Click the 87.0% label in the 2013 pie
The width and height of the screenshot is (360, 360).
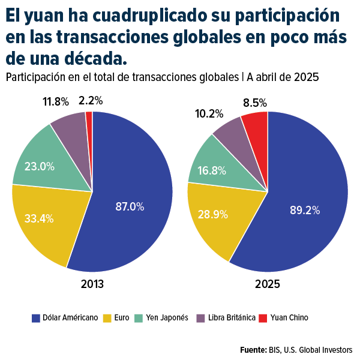pos(130,207)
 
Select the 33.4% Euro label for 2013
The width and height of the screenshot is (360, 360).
pos(39,218)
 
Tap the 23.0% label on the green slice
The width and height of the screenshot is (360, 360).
pos(39,166)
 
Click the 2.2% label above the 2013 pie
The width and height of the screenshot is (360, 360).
pos(91,100)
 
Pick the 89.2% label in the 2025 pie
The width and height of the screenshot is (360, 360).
pos(305,210)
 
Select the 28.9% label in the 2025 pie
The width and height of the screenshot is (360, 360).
pos(212,214)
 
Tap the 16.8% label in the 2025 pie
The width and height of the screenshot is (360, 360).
pos(211,170)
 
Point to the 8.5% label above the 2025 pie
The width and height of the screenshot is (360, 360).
pos(255,103)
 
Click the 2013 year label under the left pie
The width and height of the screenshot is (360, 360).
pos(92,284)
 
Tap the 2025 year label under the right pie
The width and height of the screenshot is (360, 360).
pos(268,284)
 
